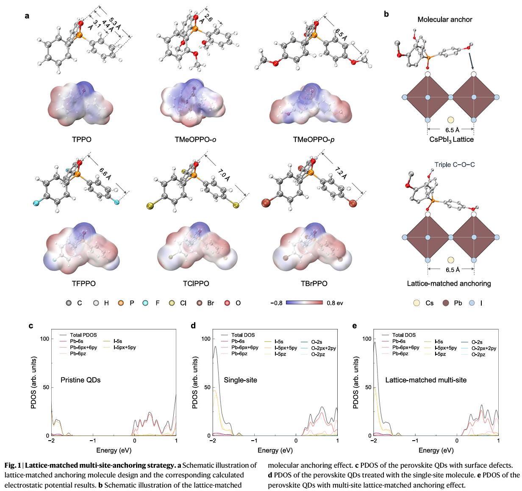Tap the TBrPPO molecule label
pyautogui.click(x=313, y=284)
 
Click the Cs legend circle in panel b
pyautogui.click(x=417, y=303)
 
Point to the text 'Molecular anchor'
pyautogui.click(x=444, y=19)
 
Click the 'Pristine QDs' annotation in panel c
pyautogui.click(x=81, y=380)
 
